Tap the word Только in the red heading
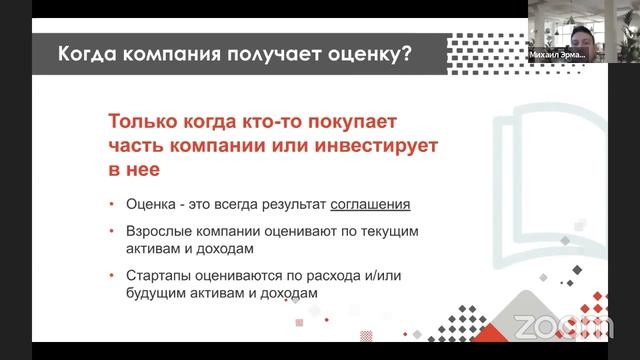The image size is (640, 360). point(149,122)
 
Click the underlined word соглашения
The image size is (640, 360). point(371,205)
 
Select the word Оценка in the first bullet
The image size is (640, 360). point(150,205)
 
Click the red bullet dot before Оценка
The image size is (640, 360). point(113,206)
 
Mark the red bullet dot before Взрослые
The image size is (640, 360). point(113,232)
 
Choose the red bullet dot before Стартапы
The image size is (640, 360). point(113,275)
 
